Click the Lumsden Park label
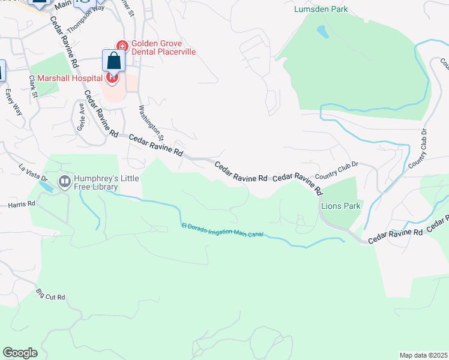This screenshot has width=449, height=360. (x=321, y=9)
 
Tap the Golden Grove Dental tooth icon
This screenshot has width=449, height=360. (x=122, y=46)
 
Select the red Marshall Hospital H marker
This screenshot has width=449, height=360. (x=112, y=77)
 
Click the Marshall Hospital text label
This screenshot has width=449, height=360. (x=69, y=78)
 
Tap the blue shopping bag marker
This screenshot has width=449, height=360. (x=113, y=61)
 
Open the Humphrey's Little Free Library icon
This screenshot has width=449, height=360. (x=64, y=181)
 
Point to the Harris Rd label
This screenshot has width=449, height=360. (x=22, y=204)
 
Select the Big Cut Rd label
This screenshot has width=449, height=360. (x=50, y=295)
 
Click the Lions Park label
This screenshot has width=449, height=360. (x=340, y=206)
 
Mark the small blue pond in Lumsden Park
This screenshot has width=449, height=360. (x=322, y=31)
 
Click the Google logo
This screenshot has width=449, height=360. (x=20, y=353)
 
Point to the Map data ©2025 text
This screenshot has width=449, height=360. (x=423, y=355)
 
